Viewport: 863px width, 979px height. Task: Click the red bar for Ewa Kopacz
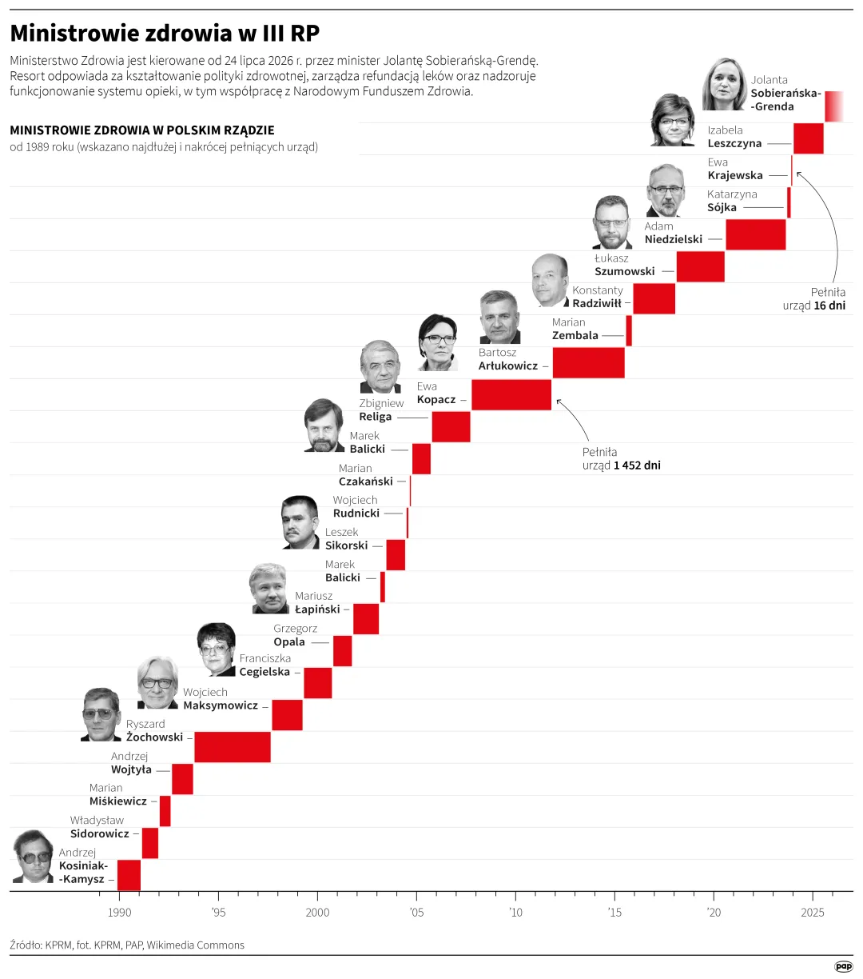[511, 394]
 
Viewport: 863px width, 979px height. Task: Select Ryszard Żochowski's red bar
[233, 746]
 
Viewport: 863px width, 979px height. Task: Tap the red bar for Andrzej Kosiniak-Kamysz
[129, 875]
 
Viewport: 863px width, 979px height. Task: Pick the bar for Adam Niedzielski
[755, 234]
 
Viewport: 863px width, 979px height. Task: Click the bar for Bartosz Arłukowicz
[588, 362]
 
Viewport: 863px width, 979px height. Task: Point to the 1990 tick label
[119, 913]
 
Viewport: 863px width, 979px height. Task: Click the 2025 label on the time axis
[813, 913]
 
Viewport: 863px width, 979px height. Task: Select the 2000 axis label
[317, 913]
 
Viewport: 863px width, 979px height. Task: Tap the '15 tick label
[614, 913]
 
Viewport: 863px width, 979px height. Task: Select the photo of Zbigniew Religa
[380, 366]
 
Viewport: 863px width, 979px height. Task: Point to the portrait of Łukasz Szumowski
[612, 222]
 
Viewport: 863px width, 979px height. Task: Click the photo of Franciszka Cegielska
[217, 649]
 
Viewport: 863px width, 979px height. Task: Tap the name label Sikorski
[346, 545]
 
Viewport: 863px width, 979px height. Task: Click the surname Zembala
[575, 335]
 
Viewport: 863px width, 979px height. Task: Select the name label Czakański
[366, 482]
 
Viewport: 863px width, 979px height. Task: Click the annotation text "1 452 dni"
[637, 466]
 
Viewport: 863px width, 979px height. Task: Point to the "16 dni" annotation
[829, 306]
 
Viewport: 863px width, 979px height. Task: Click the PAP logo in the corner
[843, 966]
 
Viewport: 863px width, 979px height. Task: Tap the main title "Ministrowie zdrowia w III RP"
[165, 33]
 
